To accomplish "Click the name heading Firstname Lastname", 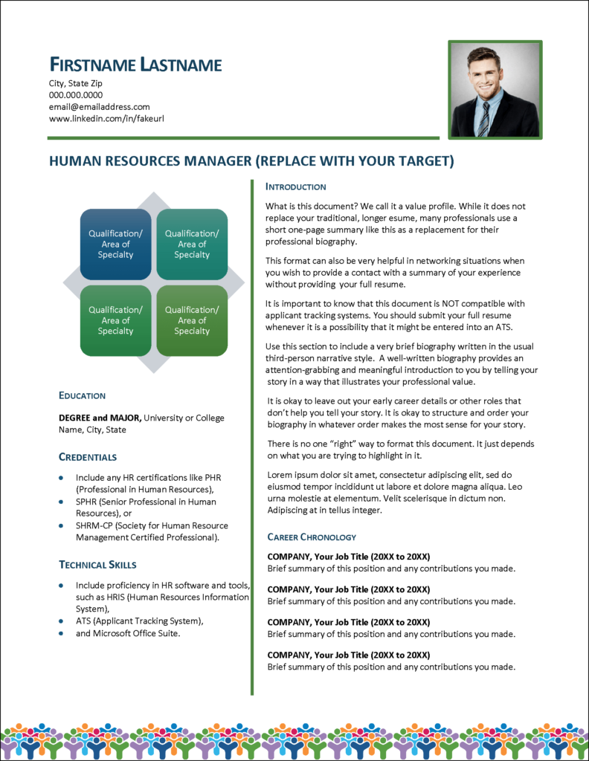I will tap(135, 65).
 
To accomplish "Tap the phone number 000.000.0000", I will tap(76, 95).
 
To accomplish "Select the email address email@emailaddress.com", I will tap(99, 107).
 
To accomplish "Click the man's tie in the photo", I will tap(484, 118).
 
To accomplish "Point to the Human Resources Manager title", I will tap(251, 161).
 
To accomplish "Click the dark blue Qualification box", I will tap(115, 245).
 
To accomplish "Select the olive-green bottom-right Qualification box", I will tap(192, 320).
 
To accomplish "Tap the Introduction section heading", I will tap(296, 187).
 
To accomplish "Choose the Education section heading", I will tap(82, 395).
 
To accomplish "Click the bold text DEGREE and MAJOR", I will tap(100, 418).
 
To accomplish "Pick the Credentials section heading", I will tap(88, 457).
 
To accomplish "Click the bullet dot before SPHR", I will tap(61, 502).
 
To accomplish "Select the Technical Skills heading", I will tap(97, 565).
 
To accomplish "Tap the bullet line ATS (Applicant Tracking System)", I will tap(139, 621).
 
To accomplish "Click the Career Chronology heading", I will tap(312, 537).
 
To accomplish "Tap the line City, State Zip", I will tap(75, 83).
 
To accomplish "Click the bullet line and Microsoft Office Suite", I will tap(128, 633).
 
